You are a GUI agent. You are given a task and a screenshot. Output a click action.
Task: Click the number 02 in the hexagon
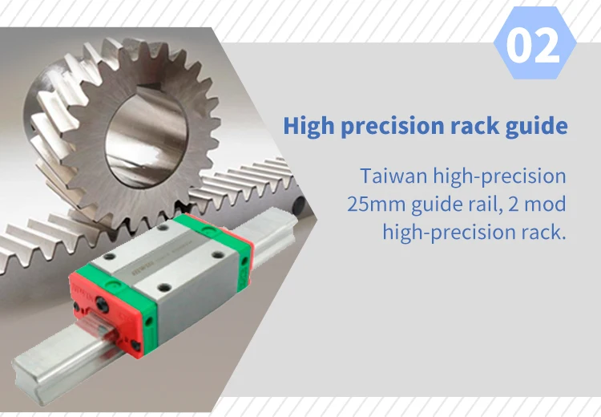click(x=534, y=45)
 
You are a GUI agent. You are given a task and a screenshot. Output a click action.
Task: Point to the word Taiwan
click(x=393, y=176)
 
